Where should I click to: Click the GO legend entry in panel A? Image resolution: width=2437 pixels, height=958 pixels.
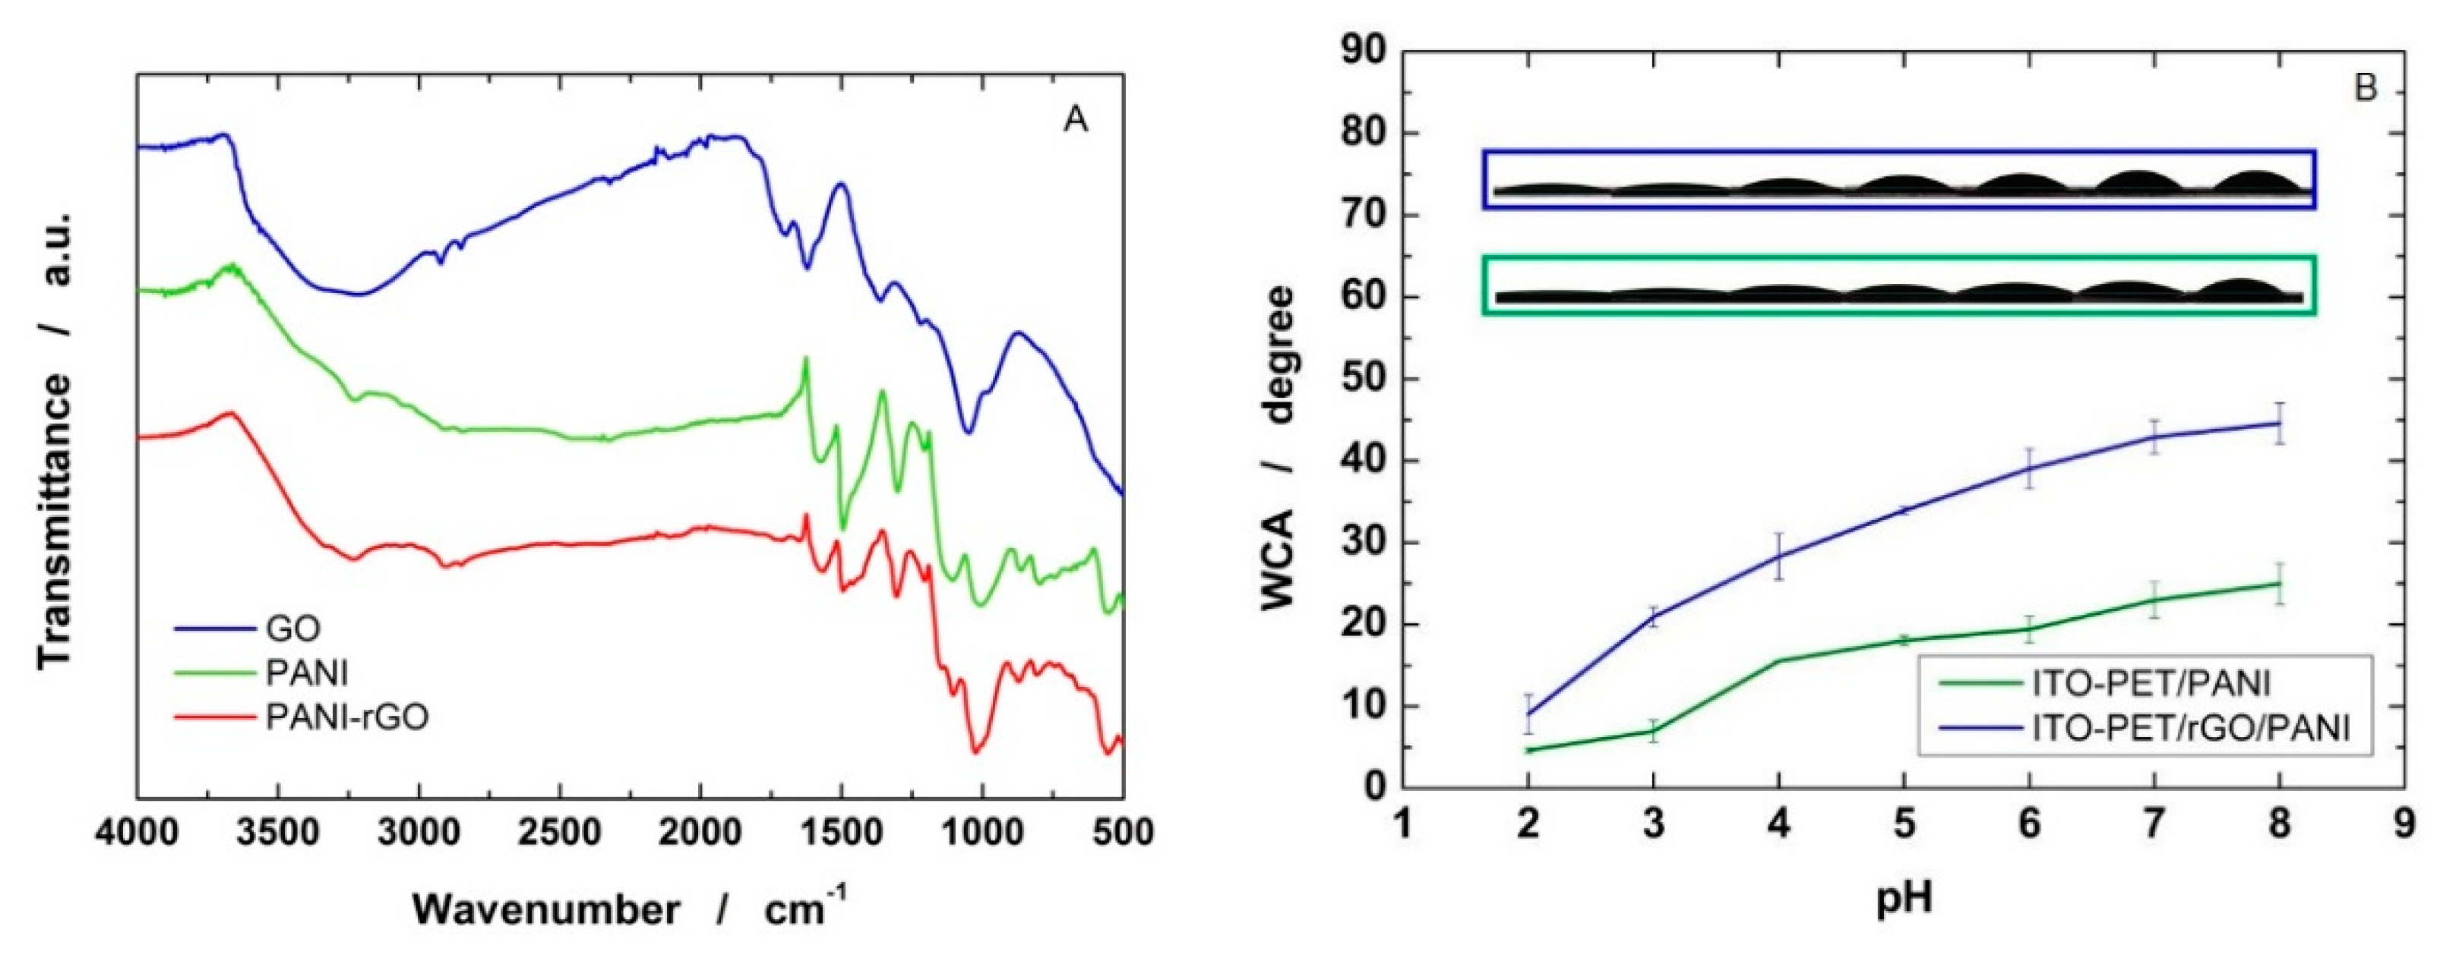[292, 628]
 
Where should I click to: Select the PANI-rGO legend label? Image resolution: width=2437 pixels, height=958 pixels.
[346, 719]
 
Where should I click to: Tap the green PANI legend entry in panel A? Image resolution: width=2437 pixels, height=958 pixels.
[306, 673]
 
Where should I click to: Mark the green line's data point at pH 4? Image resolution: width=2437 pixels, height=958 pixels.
[1778, 660]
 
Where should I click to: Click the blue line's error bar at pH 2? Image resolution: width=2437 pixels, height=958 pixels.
[1528, 713]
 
